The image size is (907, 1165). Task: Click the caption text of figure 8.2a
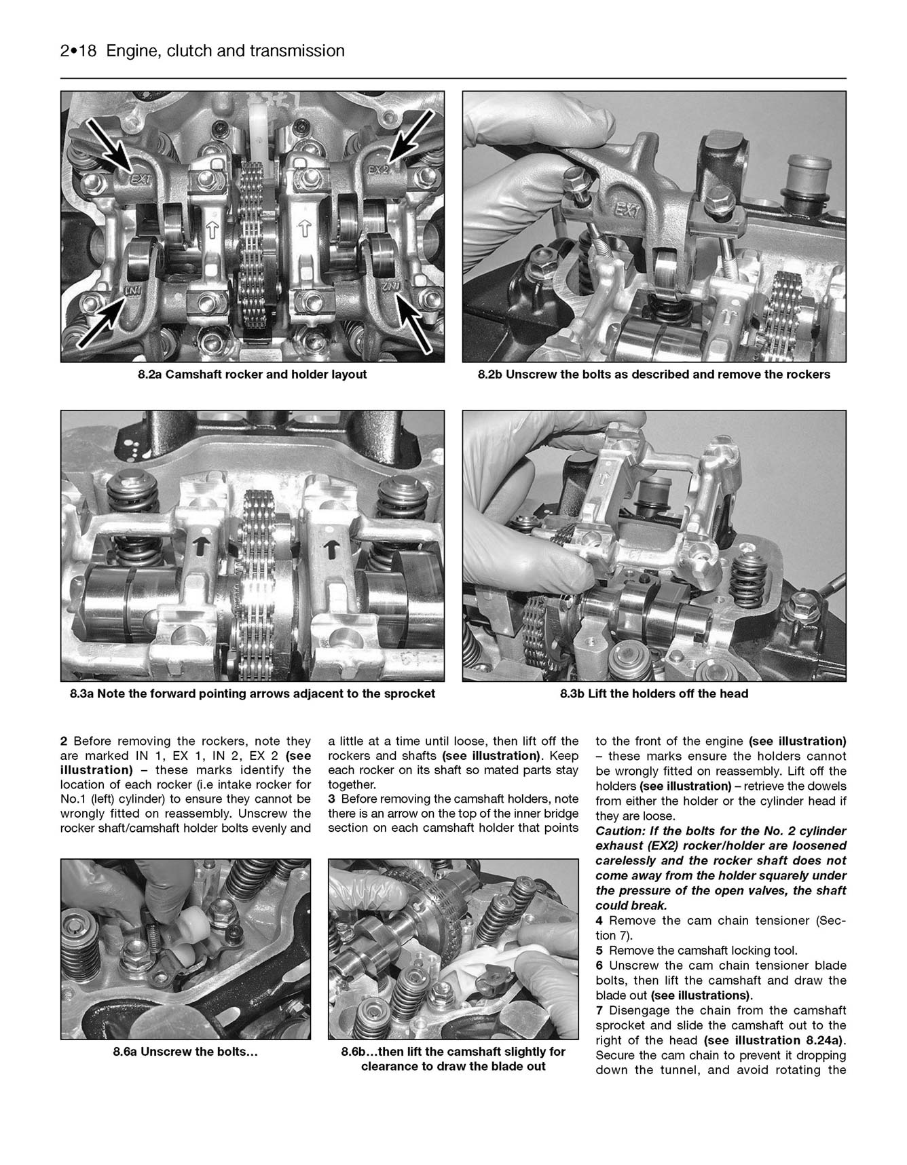point(252,375)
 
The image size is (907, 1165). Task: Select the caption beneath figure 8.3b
point(654,694)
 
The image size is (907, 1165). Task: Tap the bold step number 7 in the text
point(599,1010)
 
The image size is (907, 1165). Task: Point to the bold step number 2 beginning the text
point(64,742)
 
